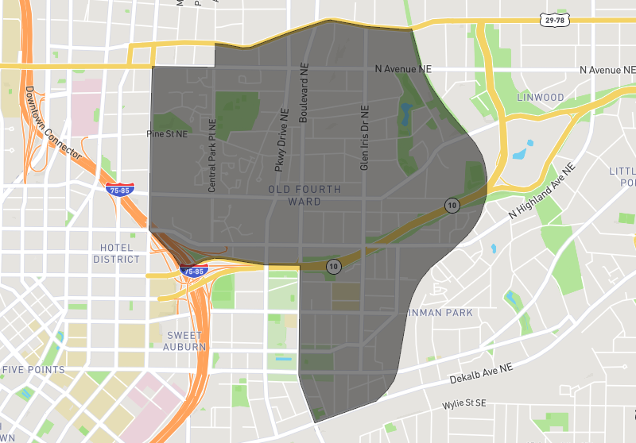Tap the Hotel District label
pos(116,253)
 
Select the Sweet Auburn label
pos(186,341)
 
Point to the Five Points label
pos(33,370)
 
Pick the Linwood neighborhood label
pos(540,98)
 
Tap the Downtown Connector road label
pos(52,124)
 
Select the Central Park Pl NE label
pos(212,156)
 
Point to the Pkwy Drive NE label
pos(279,139)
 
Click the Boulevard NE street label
pos(303,94)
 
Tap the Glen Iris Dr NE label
pos(365,138)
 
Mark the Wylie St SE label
pos(463,405)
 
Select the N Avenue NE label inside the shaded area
pos(405,70)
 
